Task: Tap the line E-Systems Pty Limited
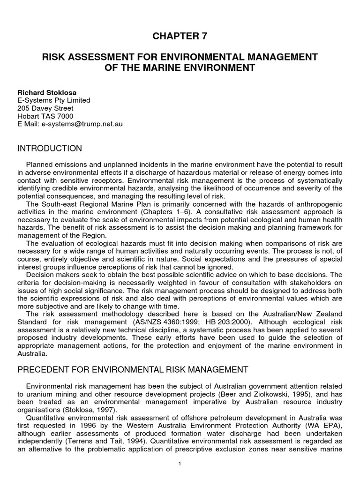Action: coord(54,100)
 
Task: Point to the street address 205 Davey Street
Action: coord(45,108)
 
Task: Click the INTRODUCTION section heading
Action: coord(50,149)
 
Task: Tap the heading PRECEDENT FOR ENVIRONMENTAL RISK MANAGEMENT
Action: coord(133,370)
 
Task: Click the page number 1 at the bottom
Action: coord(180,464)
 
